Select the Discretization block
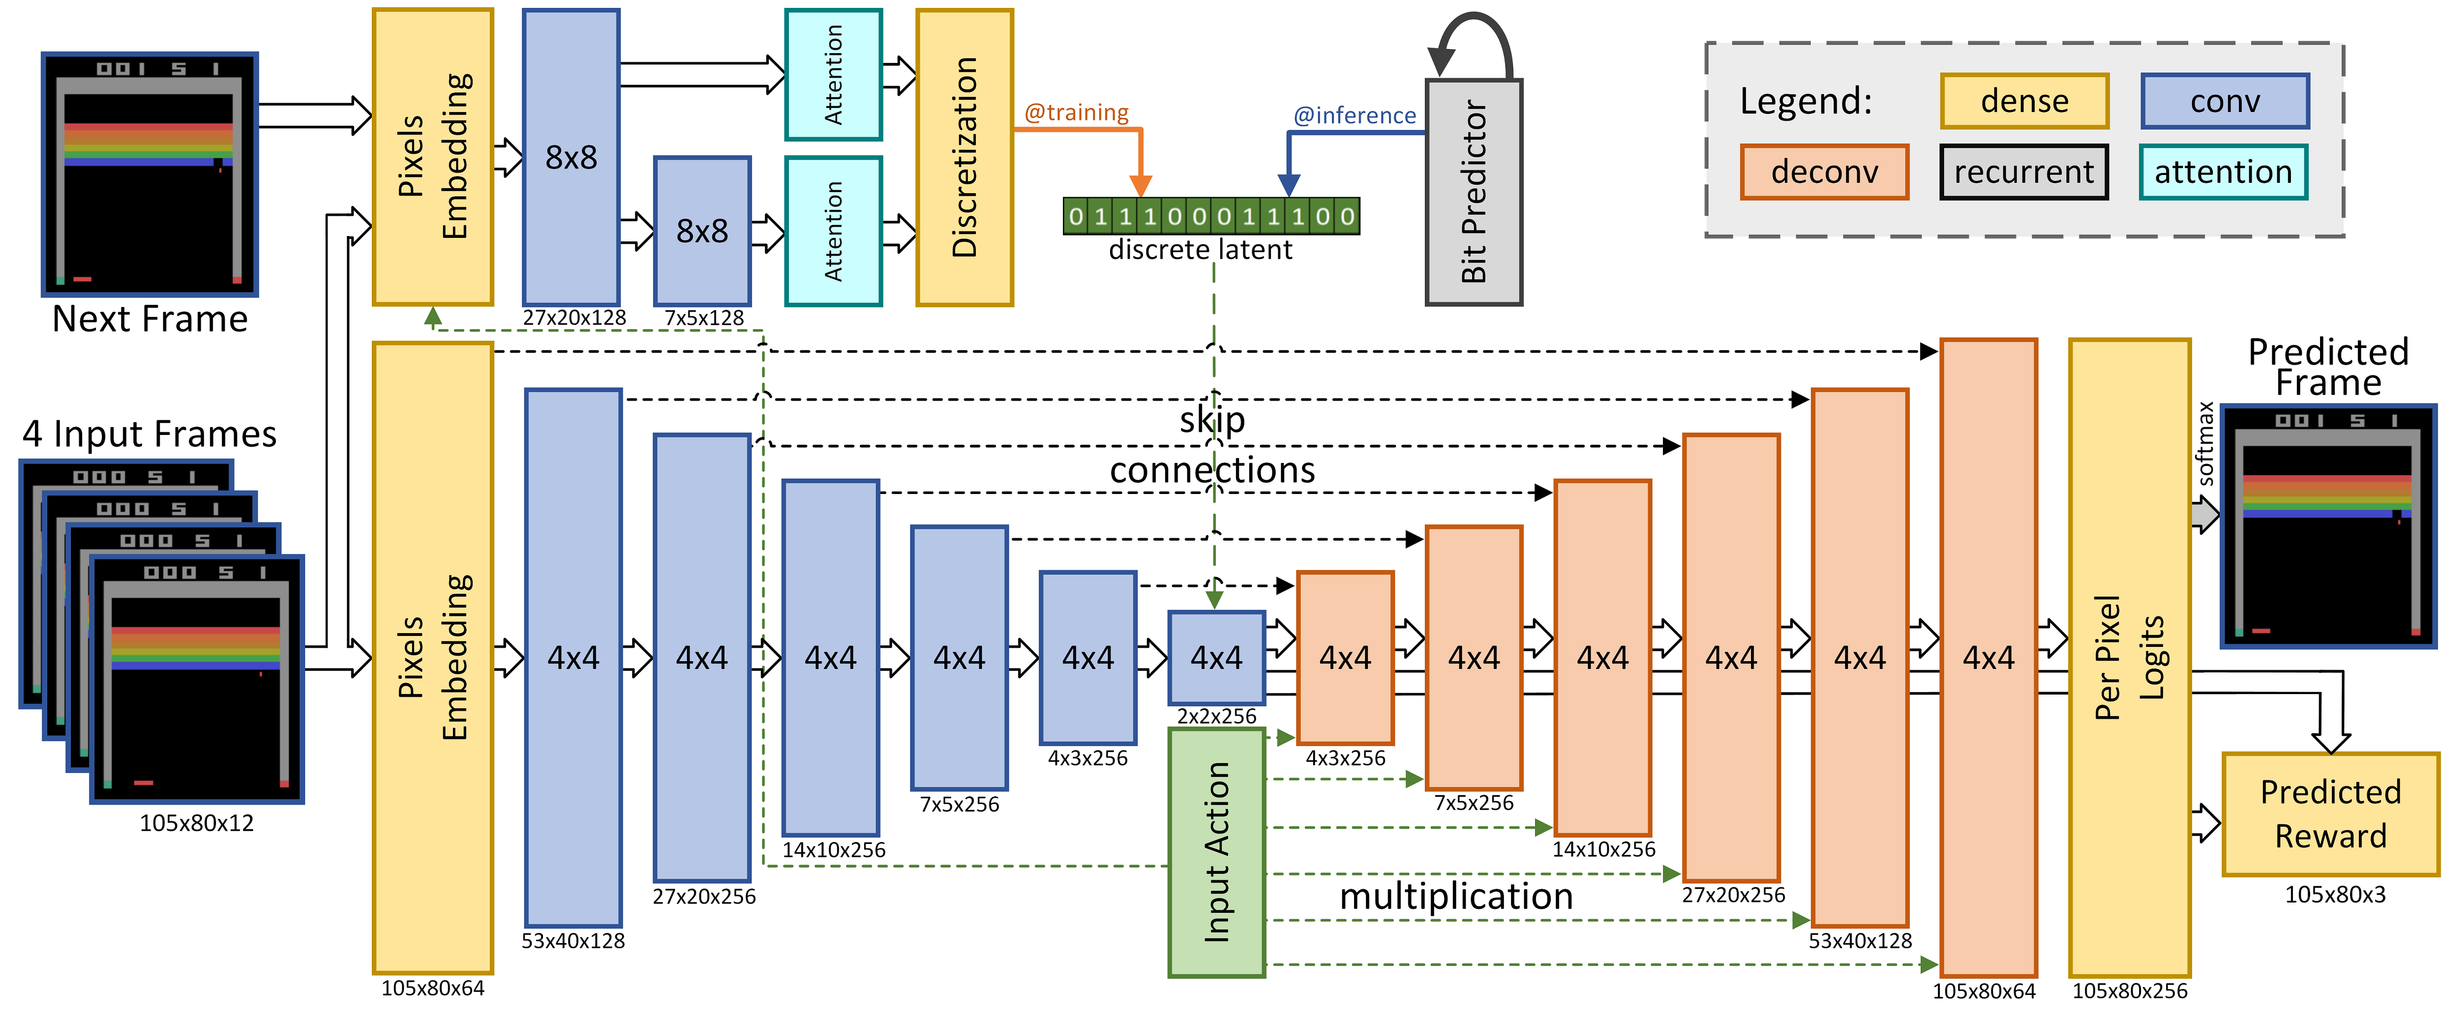click(x=964, y=157)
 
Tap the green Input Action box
click(x=1216, y=852)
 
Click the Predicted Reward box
click(x=2330, y=814)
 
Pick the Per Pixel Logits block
click(x=2129, y=658)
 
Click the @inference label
click(x=1355, y=116)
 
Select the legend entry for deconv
click(x=1824, y=172)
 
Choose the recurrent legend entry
click(x=2024, y=172)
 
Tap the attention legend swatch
click(x=2223, y=172)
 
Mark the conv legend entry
click(x=2225, y=100)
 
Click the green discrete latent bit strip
click(x=1211, y=216)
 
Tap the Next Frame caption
click(x=150, y=319)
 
